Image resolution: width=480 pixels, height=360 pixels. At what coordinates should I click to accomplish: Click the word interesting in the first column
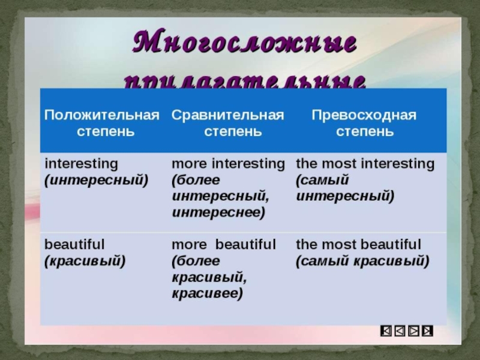(82, 163)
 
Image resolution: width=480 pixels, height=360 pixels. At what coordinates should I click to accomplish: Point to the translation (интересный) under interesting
(96, 179)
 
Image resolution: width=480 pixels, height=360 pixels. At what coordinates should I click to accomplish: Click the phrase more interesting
(228, 163)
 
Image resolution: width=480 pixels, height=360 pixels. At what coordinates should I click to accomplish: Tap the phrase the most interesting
(365, 163)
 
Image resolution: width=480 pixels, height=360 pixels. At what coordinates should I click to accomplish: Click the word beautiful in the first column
(75, 245)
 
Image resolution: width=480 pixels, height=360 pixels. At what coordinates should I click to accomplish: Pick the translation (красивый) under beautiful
(85, 261)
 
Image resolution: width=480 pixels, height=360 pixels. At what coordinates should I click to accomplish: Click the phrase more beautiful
(224, 245)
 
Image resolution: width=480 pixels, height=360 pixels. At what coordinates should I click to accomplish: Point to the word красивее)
(207, 293)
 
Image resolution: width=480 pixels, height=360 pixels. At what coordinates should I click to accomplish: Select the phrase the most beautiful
(358, 245)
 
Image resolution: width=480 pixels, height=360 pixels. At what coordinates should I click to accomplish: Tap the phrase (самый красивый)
(362, 261)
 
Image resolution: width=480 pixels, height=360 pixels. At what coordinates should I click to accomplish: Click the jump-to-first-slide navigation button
(387, 330)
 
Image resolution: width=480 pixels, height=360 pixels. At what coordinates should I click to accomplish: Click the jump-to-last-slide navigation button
(427, 330)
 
